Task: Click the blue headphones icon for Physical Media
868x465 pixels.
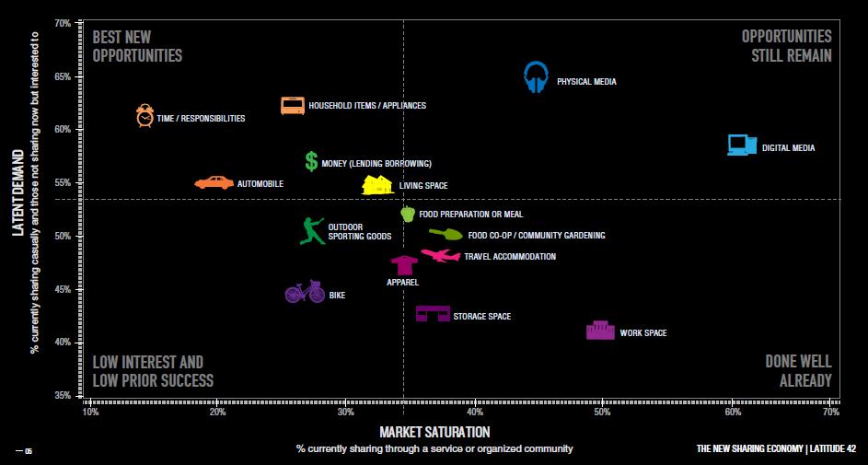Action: tap(536, 78)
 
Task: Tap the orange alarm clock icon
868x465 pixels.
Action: tap(145, 116)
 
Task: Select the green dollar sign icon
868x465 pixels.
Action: tap(311, 161)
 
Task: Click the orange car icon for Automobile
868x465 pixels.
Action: tap(214, 182)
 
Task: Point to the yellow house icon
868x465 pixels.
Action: tap(377, 184)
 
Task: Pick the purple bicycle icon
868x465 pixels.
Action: tap(305, 292)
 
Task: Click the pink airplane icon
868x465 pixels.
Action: tap(441, 255)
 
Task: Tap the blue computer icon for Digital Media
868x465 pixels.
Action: tap(742, 145)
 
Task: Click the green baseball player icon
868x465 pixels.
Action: tap(312, 230)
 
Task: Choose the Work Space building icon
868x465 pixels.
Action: tap(600, 330)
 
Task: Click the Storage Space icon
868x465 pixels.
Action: tap(433, 314)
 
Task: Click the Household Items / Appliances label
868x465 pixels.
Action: tap(367, 106)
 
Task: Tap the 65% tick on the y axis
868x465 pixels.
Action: tap(64, 76)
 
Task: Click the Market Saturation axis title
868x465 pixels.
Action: tap(434, 432)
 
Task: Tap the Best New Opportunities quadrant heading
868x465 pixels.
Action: tap(137, 46)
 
